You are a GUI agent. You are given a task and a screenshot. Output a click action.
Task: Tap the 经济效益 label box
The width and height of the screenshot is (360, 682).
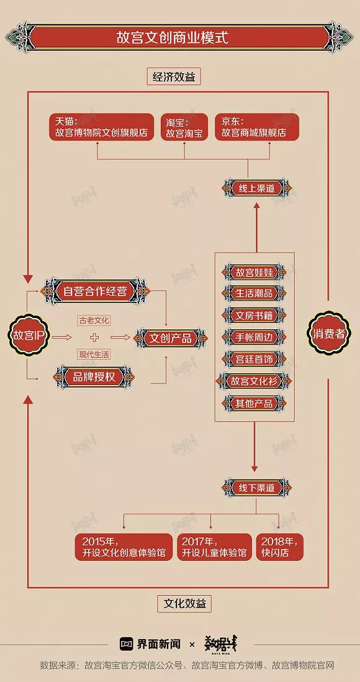click(173, 76)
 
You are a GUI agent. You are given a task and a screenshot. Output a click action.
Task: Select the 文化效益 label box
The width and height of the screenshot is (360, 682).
click(184, 603)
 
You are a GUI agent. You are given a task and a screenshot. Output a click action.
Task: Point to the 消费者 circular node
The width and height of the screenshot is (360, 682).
click(329, 334)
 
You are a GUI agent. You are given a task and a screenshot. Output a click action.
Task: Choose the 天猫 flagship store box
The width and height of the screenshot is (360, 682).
click(102, 127)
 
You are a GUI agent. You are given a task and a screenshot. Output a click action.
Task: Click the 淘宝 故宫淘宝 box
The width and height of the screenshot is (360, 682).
click(184, 127)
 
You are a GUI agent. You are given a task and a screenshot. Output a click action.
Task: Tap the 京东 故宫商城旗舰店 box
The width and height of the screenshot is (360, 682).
click(257, 127)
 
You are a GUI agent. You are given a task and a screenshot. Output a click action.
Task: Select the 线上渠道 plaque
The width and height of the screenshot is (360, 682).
click(256, 189)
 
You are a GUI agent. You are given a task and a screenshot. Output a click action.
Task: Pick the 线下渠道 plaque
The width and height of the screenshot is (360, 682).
click(256, 487)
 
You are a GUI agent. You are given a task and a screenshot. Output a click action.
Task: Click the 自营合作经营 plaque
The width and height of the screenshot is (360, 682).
click(95, 291)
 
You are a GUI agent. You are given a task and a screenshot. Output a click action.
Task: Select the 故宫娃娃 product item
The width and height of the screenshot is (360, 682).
click(254, 272)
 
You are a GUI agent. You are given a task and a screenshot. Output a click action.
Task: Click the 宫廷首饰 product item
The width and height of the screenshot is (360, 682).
click(254, 359)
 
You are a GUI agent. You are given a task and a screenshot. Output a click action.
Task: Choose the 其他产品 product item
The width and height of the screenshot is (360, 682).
click(254, 402)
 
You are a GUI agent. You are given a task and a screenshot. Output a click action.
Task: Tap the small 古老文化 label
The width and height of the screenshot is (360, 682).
click(94, 321)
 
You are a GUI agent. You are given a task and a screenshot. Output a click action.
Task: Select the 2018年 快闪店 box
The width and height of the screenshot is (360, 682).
click(280, 547)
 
